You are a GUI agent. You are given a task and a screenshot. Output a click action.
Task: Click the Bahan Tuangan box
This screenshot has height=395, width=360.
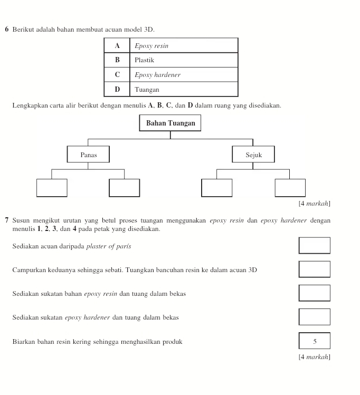pyautogui.click(x=170, y=123)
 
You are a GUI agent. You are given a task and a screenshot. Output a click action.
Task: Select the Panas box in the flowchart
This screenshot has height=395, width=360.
pyautogui.click(x=88, y=155)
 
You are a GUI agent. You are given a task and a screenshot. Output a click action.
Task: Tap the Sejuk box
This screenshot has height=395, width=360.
pyautogui.click(x=253, y=155)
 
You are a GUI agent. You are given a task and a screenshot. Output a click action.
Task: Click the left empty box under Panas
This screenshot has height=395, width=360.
pyautogui.click(x=52, y=188)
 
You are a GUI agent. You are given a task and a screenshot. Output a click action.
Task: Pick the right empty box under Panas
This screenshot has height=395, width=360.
pyautogui.click(x=124, y=188)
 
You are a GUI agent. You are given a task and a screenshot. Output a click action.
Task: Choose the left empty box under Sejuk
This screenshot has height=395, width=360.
pyautogui.click(x=216, y=188)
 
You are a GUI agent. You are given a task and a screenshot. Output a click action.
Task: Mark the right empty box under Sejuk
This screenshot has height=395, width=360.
pyautogui.click(x=290, y=188)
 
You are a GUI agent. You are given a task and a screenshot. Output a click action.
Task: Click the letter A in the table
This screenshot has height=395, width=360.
pyautogui.click(x=117, y=46)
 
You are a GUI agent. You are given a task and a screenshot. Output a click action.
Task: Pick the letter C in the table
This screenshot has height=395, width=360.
pyautogui.click(x=117, y=75)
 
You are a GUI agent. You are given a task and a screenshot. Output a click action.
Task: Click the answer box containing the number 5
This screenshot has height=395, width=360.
pyautogui.click(x=315, y=341)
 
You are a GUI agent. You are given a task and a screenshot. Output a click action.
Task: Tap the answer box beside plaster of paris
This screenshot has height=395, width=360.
pyautogui.click(x=315, y=246)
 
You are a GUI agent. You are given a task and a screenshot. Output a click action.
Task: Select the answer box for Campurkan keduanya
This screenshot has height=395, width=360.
pyautogui.click(x=315, y=269)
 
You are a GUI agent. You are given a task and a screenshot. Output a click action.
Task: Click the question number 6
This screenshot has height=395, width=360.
pyautogui.click(x=6, y=28)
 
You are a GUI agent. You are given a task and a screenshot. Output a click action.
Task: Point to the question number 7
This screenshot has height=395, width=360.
pyautogui.click(x=6, y=220)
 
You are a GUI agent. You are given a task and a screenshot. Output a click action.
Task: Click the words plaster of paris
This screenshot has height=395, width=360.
pyautogui.click(x=108, y=246)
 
